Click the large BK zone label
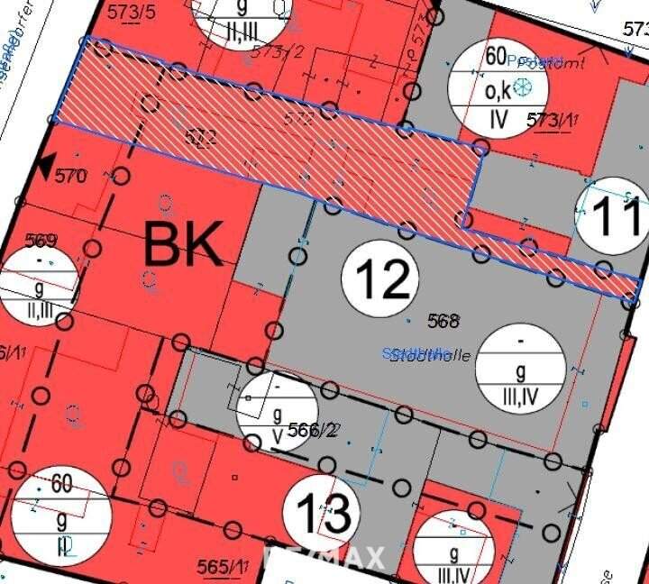pos(183,244)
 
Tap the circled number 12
pos(380,278)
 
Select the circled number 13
pos(323,516)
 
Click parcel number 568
pos(443,320)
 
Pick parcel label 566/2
pos(312,430)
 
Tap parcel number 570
pos(71,176)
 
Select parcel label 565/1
pos(223,566)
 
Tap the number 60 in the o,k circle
pos(496,56)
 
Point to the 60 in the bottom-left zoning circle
pos(61,484)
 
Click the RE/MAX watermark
pos(324,557)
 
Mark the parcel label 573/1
pos(552,119)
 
